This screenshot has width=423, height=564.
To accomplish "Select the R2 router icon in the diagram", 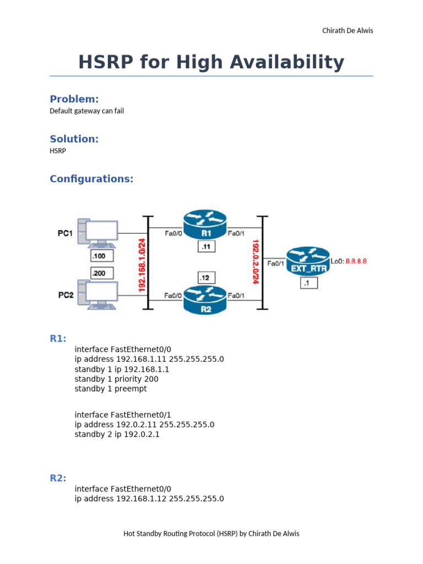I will point(205,300).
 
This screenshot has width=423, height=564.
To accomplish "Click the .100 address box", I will point(101,256).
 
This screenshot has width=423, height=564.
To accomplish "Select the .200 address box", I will point(101,273).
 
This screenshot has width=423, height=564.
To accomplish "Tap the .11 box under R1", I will point(207,247).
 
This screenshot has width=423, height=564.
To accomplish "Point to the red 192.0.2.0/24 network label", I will point(256,261).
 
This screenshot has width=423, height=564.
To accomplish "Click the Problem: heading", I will point(74,99).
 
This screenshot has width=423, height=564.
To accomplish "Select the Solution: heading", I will point(74,139).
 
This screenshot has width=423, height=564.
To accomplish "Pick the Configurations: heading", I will point(91,179).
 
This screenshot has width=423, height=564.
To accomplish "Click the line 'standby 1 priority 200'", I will point(116,379).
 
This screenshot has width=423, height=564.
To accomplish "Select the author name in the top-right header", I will point(348,31).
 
